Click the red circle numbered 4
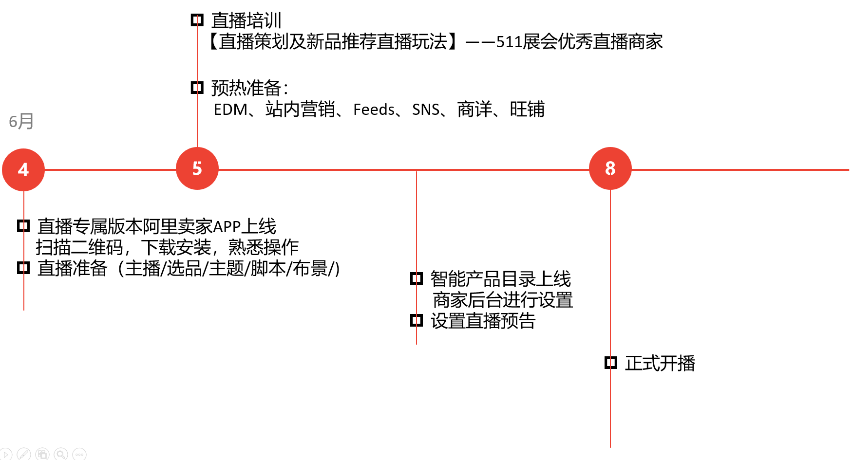click(x=23, y=170)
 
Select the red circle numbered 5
click(x=197, y=168)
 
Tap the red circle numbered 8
click(x=610, y=168)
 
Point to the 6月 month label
click(x=21, y=121)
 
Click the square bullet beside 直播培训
click(x=197, y=20)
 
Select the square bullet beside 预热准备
click(x=197, y=88)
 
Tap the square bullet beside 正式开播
click(x=610, y=363)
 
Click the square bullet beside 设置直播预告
click(x=417, y=320)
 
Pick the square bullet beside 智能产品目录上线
click(x=417, y=278)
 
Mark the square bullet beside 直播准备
click(x=23, y=268)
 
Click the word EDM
click(x=231, y=110)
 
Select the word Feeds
click(x=374, y=110)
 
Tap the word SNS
click(x=426, y=110)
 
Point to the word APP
click(x=227, y=227)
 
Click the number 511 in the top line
click(x=509, y=42)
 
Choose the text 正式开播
click(x=660, y=363)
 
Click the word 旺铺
click(x=527, y=109)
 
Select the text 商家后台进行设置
click(x=503, y=300)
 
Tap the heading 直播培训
click(x=246, y=20)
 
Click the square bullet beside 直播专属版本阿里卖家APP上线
click(x=23, y=226)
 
